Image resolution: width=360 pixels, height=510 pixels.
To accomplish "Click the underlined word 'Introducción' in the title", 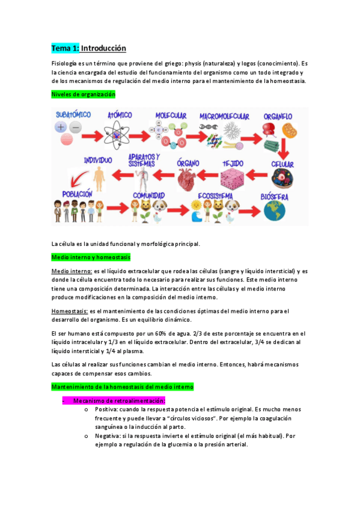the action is point(103,48).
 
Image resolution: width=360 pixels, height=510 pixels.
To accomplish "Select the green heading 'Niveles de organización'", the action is point(83,94).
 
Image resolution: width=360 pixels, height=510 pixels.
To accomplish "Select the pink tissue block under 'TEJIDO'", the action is point(233,179).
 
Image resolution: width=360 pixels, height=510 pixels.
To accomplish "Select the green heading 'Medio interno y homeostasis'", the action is point(91,257).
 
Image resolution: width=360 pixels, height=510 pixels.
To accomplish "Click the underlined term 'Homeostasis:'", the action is point(69,311).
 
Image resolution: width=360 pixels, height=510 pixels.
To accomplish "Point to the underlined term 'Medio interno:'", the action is point(72,271).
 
